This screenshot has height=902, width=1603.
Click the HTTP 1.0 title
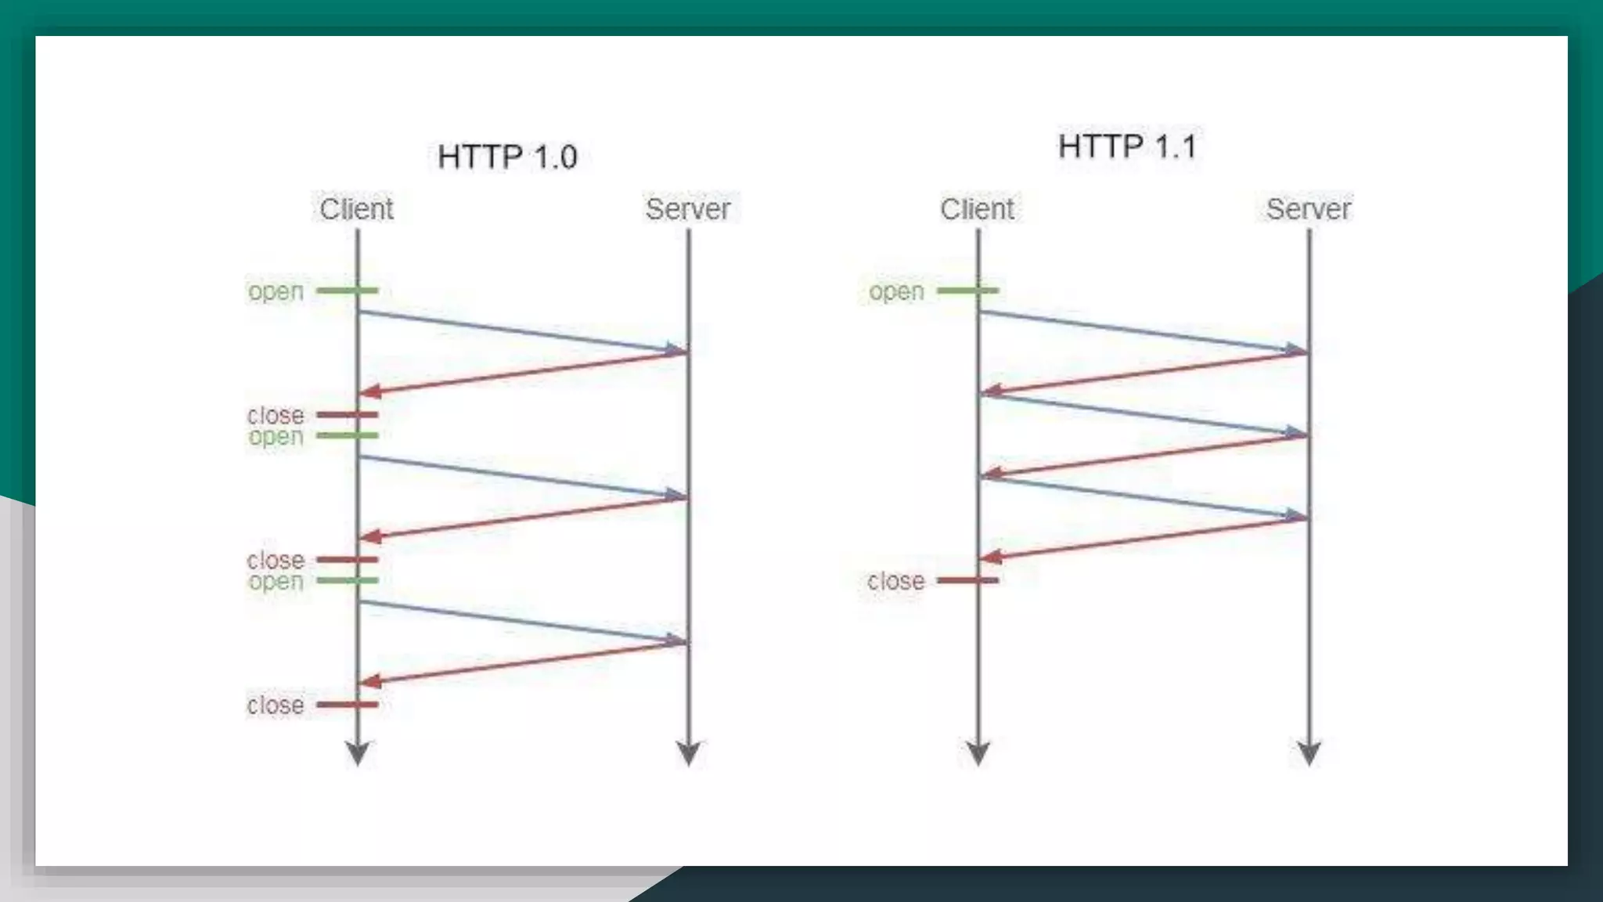(507, 157)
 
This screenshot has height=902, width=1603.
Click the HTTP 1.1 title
(1127, 146)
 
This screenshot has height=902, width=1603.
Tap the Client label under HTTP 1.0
(356, 209)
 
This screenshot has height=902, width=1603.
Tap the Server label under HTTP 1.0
(688, 209)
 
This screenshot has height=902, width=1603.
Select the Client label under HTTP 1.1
(977, 209)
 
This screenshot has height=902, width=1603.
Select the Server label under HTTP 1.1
(1309, 209)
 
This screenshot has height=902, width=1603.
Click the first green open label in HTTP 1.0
(276, 291)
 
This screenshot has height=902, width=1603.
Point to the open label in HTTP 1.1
(896, 291)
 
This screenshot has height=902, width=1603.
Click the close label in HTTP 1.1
(895, 581)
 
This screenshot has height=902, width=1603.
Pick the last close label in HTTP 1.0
(276, 705)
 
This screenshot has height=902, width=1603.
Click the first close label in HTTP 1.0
(276, 414)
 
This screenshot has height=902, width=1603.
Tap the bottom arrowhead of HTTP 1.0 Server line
(688, 753)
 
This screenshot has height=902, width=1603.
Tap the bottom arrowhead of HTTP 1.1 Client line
(978, 753)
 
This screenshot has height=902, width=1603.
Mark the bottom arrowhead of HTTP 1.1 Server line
(1309, 753)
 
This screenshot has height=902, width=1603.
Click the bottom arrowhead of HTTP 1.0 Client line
(358, 753)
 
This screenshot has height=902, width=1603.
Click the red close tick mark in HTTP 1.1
(968, 580)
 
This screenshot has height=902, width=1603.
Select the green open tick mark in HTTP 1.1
(968, 290)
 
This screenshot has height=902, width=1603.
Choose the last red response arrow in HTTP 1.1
(1143, 537)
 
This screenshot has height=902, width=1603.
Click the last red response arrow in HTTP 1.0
(522, 662)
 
